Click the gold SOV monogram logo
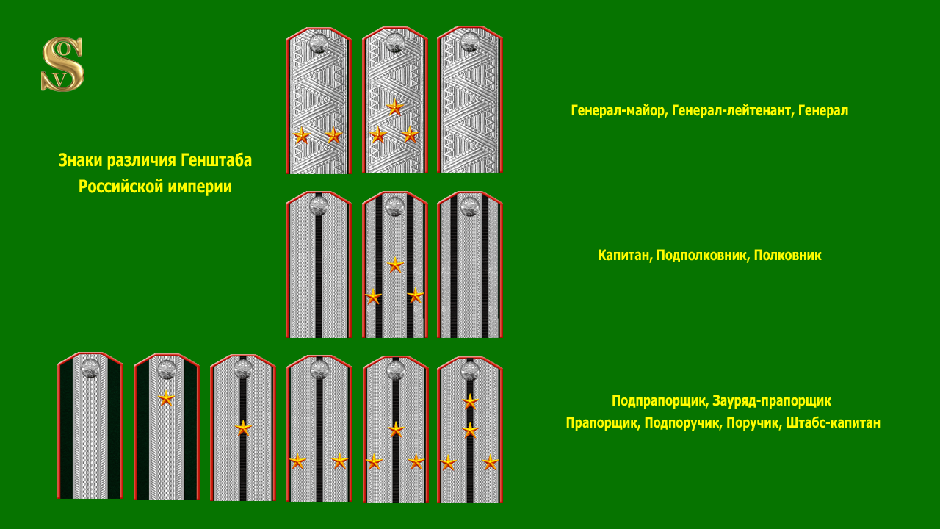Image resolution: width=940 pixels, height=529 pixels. pos(62,64)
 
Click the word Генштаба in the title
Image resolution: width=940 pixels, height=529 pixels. pos(216,160)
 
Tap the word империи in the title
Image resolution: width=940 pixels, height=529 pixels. pos(200,187)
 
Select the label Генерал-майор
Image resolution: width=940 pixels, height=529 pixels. pos(618,110)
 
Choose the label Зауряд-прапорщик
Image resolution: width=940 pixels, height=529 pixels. pos(772,400)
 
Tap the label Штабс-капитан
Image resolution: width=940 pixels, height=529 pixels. pos(833,422)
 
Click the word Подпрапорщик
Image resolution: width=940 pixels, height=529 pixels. pos(659,400)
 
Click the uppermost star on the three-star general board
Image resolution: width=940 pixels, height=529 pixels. pos(395,107)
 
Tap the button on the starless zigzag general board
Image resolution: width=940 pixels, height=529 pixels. pos(469,42)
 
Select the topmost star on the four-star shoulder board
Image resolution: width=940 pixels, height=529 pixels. pos(470,402)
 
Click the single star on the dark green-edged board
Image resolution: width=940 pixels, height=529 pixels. pos(166,398)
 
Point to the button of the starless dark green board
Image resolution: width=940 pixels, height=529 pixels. pos(90,368)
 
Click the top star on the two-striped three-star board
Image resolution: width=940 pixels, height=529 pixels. pos(395,265)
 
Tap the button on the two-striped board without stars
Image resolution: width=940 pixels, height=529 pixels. pos(469,206)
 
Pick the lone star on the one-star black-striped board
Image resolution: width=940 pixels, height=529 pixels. pos(243,428)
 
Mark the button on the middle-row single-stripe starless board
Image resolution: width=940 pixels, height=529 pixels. pos(319,206)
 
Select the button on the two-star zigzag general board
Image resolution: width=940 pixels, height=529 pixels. pos(319,43)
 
